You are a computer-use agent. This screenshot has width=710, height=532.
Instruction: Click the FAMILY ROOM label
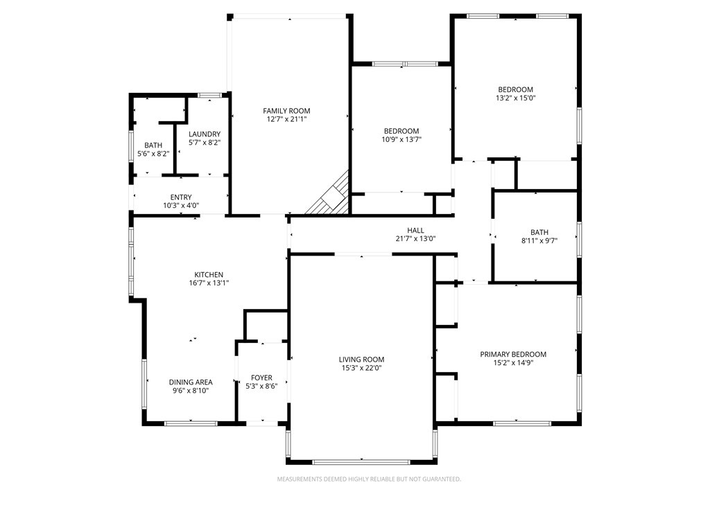[286, 111]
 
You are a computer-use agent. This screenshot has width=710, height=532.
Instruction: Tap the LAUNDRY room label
[205, 134]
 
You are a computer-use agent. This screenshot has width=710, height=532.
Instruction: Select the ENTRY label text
[181, 197]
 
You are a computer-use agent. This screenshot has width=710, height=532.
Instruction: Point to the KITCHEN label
[209, 274]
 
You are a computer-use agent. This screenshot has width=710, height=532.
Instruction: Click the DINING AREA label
[191, 382]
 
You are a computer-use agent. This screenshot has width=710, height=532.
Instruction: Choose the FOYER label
[261, 378]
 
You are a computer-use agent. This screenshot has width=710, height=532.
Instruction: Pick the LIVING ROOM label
[361, 360]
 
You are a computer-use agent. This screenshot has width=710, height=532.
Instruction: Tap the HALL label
[416, 230]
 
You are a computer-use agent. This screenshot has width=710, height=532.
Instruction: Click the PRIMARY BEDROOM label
[513, 354]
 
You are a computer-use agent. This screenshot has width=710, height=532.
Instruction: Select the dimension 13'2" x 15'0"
[516, 98]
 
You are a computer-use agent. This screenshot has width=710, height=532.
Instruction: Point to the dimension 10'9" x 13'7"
[401, 139]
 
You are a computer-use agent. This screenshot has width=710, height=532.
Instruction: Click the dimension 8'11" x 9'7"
[539, 240]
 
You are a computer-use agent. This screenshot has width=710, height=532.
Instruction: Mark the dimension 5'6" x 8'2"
[153, 154]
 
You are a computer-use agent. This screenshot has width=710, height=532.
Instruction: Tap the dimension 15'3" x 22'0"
[361, 369]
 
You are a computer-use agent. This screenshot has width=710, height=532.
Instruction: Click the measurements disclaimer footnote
[369, 479]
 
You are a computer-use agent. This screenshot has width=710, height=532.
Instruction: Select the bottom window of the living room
[361, 462]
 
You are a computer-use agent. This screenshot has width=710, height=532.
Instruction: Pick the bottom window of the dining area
[191, 423]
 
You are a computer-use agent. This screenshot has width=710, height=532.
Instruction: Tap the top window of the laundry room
[209, 95]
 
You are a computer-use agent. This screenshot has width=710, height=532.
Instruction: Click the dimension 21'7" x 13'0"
[416, 238]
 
